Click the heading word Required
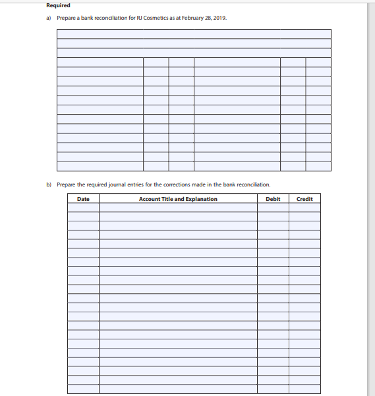pos(58,5)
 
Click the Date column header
pos(83,199)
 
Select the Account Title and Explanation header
pos(178,199)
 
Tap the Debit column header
pos(273,199)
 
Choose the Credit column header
pos(304,199)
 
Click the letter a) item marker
pos(48,18)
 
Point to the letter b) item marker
pos(48,184)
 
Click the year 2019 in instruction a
pos(219,18)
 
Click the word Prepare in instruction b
pos(67,184)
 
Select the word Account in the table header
pos(150,199)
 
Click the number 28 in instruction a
pos(207,18)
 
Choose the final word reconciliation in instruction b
pos(254,184)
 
